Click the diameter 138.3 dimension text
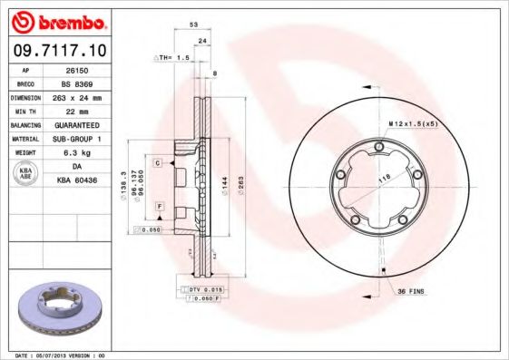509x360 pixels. [123, 186]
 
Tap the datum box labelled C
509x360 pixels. [157, 162]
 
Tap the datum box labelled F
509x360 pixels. [159, 208]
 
